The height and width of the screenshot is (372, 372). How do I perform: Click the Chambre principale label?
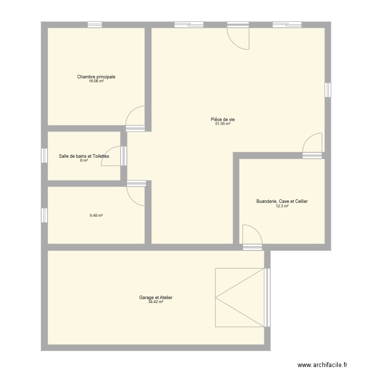click(x=96, y=77)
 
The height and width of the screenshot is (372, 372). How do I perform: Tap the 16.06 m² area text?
click(x=96, y=81)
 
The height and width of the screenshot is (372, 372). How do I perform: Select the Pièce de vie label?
click(x=223, y=119)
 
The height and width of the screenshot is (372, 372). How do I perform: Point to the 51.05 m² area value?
click(x=223, y=124)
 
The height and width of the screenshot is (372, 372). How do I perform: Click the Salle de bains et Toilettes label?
click(x=84, y=156)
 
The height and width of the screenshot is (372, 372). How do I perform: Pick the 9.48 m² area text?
click(x=96, y=215)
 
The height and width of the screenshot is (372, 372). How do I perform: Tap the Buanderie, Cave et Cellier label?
click(x=282, y=201)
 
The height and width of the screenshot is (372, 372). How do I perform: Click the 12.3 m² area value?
click(x=282, y=206)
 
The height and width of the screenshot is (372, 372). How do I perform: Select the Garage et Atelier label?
click(x=156, y=298)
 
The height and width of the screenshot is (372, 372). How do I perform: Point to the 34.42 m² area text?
click(x=156, y=302)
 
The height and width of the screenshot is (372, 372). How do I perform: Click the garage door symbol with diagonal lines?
click(x=240, y=298)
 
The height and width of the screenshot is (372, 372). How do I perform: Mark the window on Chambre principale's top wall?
click(x=95, y=24)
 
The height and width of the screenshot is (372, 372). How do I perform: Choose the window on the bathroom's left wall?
click(x=44, y=156)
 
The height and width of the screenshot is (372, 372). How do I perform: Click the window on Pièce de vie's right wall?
click(x=328, y=90)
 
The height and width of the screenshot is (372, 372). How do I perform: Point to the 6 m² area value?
click(x=84, y=161)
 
